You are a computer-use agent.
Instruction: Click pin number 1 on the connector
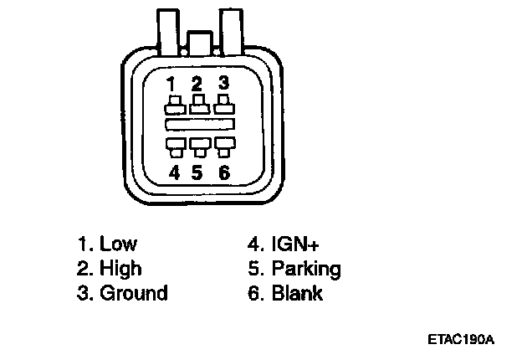171,83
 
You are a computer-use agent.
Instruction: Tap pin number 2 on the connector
197,83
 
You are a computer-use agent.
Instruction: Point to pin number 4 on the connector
174,172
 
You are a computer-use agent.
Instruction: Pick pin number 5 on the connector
197,172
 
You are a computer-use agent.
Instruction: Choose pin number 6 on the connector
223,172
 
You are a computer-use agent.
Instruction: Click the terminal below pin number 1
174,105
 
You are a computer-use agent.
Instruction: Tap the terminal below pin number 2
198,105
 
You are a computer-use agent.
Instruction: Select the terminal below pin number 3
223,105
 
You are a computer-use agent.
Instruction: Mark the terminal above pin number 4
174,146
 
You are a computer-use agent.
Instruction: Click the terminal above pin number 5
198,146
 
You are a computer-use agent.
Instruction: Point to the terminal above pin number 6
223,146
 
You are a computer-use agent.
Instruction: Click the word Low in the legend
118,244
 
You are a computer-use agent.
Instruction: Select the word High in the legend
120,269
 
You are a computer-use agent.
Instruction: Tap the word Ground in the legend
134,293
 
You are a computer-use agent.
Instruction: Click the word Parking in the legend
306,270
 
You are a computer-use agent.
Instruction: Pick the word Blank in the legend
297,293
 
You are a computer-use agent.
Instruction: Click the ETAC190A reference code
460,340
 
